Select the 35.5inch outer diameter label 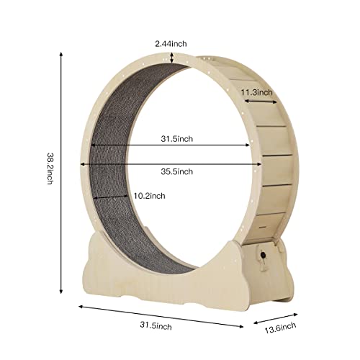(x=175, y=171)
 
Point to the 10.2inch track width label (x=149, y=196)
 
